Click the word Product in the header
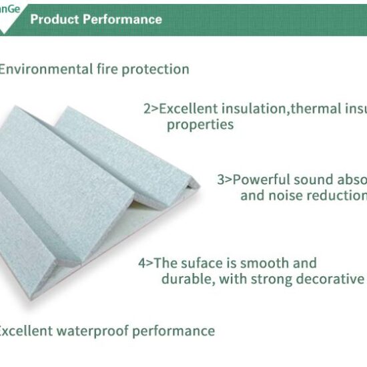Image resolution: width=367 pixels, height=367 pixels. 54,19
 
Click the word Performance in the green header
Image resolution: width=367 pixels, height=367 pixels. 122,19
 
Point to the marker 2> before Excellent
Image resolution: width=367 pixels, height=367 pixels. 150,108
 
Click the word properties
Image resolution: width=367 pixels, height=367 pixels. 200,125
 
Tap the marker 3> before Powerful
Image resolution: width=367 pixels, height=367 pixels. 224,179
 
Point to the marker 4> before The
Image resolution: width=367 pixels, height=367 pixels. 145,263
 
